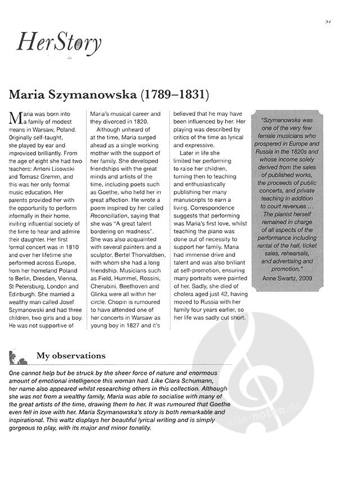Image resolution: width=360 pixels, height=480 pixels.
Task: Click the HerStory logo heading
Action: click(x=58, y=42)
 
